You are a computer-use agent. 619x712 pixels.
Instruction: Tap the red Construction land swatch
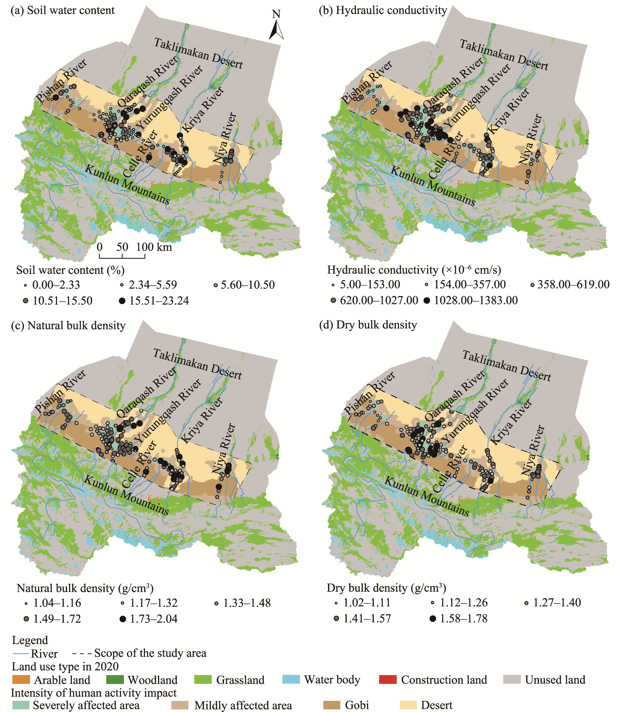pos(388,679)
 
